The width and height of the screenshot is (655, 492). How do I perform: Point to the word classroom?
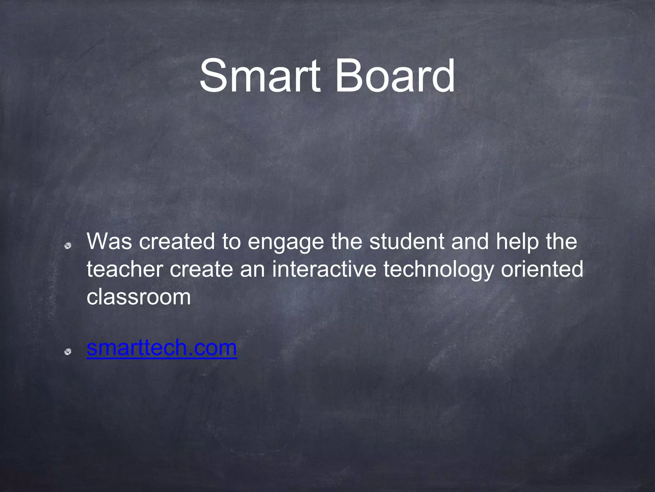138,297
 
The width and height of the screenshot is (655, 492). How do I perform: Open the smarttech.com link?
162,348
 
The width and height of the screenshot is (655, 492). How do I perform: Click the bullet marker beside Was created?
67,246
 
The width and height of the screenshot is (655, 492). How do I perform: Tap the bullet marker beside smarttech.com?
67,352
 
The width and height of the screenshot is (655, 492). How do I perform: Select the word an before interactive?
252,270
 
